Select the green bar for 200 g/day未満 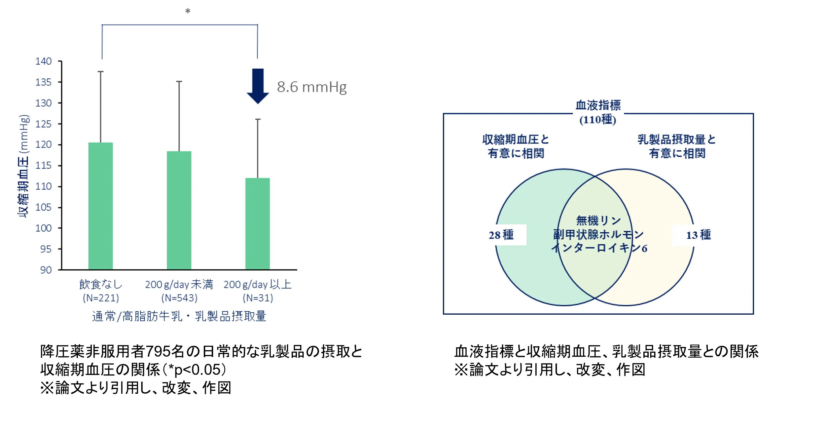179,210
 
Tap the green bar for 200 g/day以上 258,224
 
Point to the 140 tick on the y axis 44,61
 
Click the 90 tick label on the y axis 46,270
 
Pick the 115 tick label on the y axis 44,166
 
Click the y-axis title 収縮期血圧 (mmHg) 23,166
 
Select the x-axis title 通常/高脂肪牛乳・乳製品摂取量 179,316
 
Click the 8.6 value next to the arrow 287,87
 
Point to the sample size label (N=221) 101,298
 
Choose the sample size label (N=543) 179,298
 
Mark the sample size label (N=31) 258,298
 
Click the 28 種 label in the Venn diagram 501,235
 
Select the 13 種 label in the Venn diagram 698,235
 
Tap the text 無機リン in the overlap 598,220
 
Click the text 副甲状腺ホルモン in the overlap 598,235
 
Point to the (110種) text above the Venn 598,120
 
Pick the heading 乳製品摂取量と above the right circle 677,139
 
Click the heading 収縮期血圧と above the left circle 516,139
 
